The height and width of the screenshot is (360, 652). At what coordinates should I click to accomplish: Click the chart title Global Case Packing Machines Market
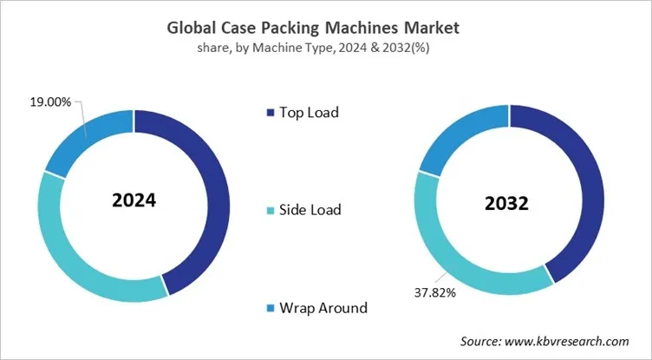(x=325, y=28)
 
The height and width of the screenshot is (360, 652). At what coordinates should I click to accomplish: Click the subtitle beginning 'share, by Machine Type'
(x=325, y=48)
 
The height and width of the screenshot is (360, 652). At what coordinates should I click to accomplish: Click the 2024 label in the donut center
(x=134, y=200)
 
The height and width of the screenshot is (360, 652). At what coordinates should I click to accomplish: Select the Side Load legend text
(x=309, y=209)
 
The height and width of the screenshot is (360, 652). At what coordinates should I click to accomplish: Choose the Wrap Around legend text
(x=322, y=307)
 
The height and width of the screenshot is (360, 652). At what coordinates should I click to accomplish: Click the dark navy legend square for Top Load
(x=270, y=112)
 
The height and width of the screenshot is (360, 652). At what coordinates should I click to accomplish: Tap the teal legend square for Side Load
(x=270, y=209)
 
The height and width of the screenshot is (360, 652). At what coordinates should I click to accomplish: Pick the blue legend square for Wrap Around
(x=270, y=307)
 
